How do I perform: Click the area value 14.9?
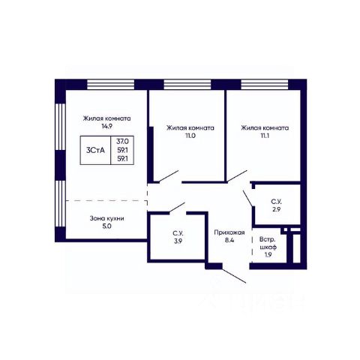click(x=106, y=126)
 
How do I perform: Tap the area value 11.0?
click(x=190, y=136)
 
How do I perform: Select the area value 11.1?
click(x=265, y=136)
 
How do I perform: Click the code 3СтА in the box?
click(x=95, y=150)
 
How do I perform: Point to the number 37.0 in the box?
click(x=122, y=142)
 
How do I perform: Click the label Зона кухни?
click(x=106, y=218)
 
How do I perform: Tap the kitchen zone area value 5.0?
click(x=106, y=226)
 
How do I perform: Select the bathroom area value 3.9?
click(x=178, y=241)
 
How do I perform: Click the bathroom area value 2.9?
click(x=276, y=209)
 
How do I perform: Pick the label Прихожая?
click(x=229, y=232)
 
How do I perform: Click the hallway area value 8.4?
click(x=229, y=241)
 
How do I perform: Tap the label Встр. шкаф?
click(x=268, y=243)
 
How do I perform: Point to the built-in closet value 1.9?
click(x=268, y=255)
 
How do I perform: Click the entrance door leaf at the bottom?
click(x=234, y=276)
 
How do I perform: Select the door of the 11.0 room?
click(x=169, y=176)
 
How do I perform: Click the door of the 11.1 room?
click(x=237, y=175)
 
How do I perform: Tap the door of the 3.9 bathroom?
click(x=177, y=208)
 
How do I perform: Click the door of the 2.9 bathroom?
click(x=247, y=198)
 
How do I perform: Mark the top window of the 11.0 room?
click(x=187, y=85)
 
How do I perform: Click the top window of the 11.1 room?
click(x=265, y=85)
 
